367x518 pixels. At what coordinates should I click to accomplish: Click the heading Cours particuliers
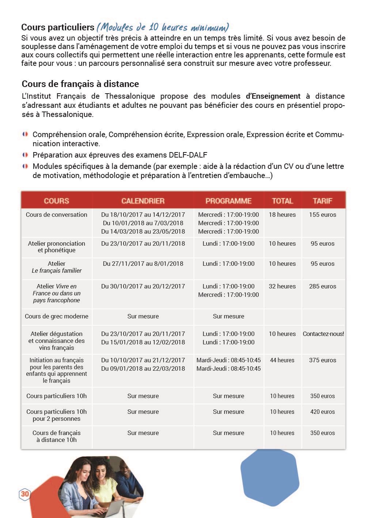click(58, 27)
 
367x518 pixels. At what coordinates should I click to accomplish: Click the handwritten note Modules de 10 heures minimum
click(163, 27)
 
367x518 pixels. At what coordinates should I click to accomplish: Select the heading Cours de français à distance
click(80, 84)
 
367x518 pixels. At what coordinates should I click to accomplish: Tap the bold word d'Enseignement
click(273, 96)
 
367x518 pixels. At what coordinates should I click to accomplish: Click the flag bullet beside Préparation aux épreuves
click(25, 155)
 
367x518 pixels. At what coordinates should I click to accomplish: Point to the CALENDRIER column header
click(143, 201)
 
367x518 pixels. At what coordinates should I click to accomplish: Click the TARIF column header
click(322, 201)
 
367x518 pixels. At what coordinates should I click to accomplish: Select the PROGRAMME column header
click(228, 201)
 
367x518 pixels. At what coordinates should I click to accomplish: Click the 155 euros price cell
click(322, 215)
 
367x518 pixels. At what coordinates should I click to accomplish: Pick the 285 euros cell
click(322, 286)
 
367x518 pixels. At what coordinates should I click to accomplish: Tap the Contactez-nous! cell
click(323, 334)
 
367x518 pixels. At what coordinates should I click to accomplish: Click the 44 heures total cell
click(282, 360)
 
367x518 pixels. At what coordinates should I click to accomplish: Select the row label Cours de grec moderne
click(57, 316)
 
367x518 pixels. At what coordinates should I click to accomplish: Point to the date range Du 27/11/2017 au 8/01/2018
click(143, 264)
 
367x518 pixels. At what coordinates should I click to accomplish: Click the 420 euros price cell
click(322, 412)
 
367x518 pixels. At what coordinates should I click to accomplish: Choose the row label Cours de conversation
click(57, 215)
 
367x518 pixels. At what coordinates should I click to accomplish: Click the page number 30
click(24, 494)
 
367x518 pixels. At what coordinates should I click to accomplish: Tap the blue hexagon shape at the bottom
click(270, 477)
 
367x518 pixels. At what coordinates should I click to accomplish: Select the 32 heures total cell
click(282, 286)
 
